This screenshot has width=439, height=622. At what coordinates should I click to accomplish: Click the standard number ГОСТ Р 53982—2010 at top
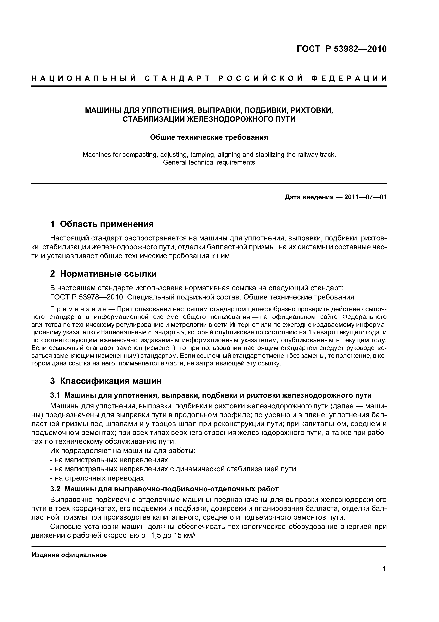coord(342,49)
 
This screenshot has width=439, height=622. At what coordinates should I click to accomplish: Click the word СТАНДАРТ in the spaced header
coord(177,79)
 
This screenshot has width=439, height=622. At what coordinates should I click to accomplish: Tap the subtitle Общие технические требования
coord(209,137)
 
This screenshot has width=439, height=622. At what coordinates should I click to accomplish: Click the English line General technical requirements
coord(209,162)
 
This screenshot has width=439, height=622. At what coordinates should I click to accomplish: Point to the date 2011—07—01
coord(365,197)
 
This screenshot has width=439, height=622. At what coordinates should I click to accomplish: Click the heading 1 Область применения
coord(102,224)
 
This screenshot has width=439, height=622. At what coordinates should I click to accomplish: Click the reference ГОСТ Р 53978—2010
coord(87,297)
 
